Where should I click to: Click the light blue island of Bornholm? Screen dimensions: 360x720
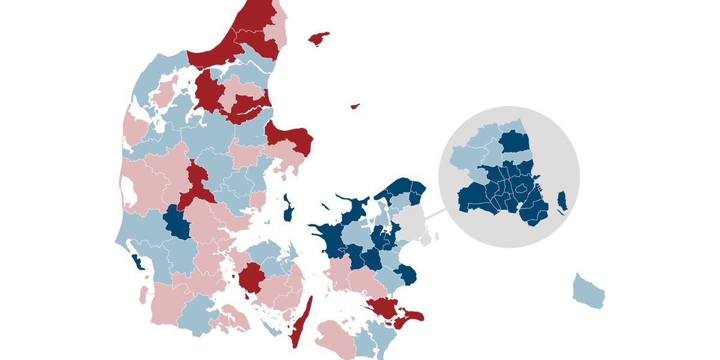tap(588, 291)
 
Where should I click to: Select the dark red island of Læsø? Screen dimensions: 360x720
tap(319, 38)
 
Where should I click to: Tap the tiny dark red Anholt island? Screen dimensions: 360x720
tap(355, 106)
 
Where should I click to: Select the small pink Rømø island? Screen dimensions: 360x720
tap(143, 295)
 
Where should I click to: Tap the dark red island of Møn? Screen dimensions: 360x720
tap(412, 316)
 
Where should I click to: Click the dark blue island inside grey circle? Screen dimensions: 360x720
tap(562, 200)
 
